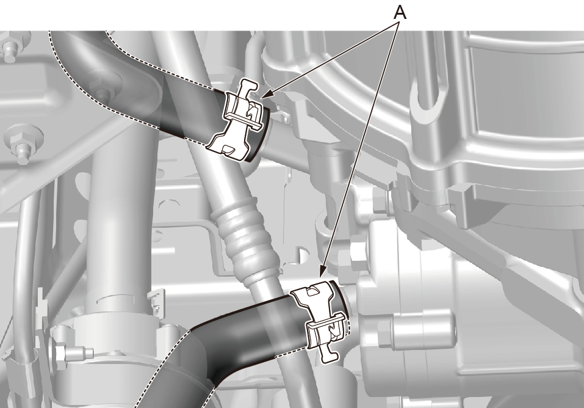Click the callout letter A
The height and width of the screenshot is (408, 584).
coord(400,13)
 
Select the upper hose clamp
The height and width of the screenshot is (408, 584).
coord(239,121)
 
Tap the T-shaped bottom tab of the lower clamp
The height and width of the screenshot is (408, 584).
coord(329,352)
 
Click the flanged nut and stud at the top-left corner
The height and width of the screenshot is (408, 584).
coord(10,48)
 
